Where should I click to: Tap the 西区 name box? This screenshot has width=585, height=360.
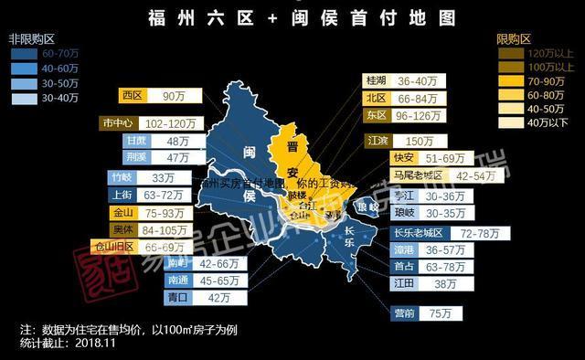[133, 95]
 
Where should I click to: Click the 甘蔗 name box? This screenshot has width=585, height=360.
[137, 142]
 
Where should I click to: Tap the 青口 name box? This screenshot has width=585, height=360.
[152, 297]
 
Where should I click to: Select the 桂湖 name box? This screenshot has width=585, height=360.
[376, 80]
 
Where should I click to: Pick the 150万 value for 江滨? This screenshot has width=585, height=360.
[420, 142]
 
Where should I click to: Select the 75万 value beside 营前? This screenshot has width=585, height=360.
[441, 313]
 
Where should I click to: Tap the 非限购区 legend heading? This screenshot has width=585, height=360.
[33, 40]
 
